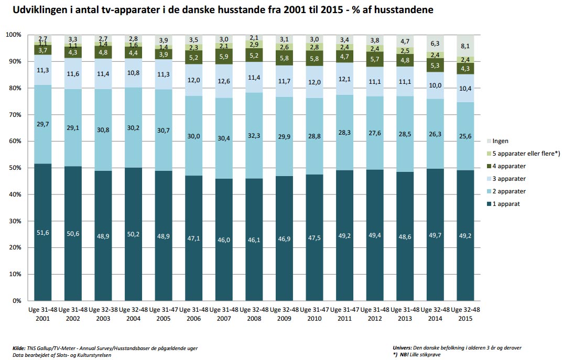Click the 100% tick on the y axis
[x=13, y=35]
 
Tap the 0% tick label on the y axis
[x=16, y=301]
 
